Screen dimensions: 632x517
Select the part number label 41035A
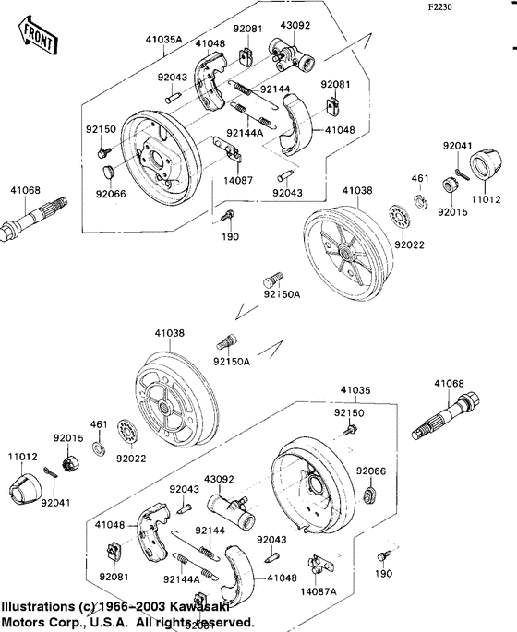pos(165,40)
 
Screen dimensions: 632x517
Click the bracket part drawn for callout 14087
pos(225,148)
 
